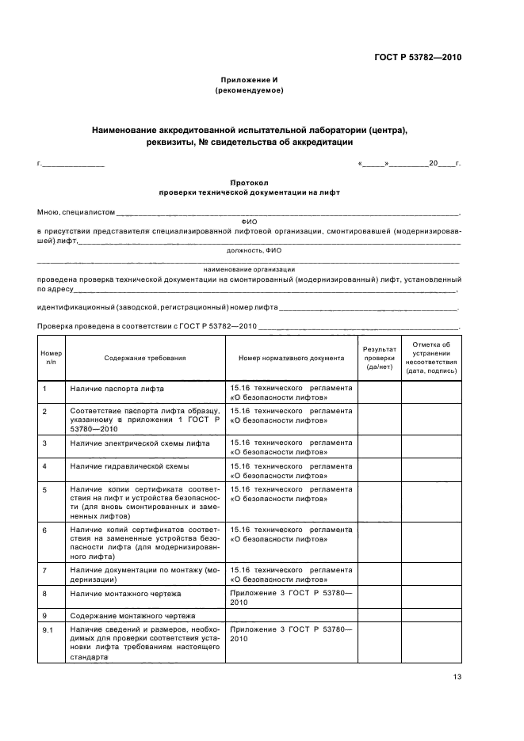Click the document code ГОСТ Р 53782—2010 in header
tap(418, 58)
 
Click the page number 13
tap(457, 676)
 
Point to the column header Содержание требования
tap(144, 358)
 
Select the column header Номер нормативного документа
tap(291, 358)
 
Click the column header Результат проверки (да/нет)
tap(378, 358)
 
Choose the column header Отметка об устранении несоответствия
tap(430, 358)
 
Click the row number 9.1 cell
tap(51, 629)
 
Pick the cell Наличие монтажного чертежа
tap(125, 593)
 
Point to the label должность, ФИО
tap(249, 249)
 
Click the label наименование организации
tap(249, 270)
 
